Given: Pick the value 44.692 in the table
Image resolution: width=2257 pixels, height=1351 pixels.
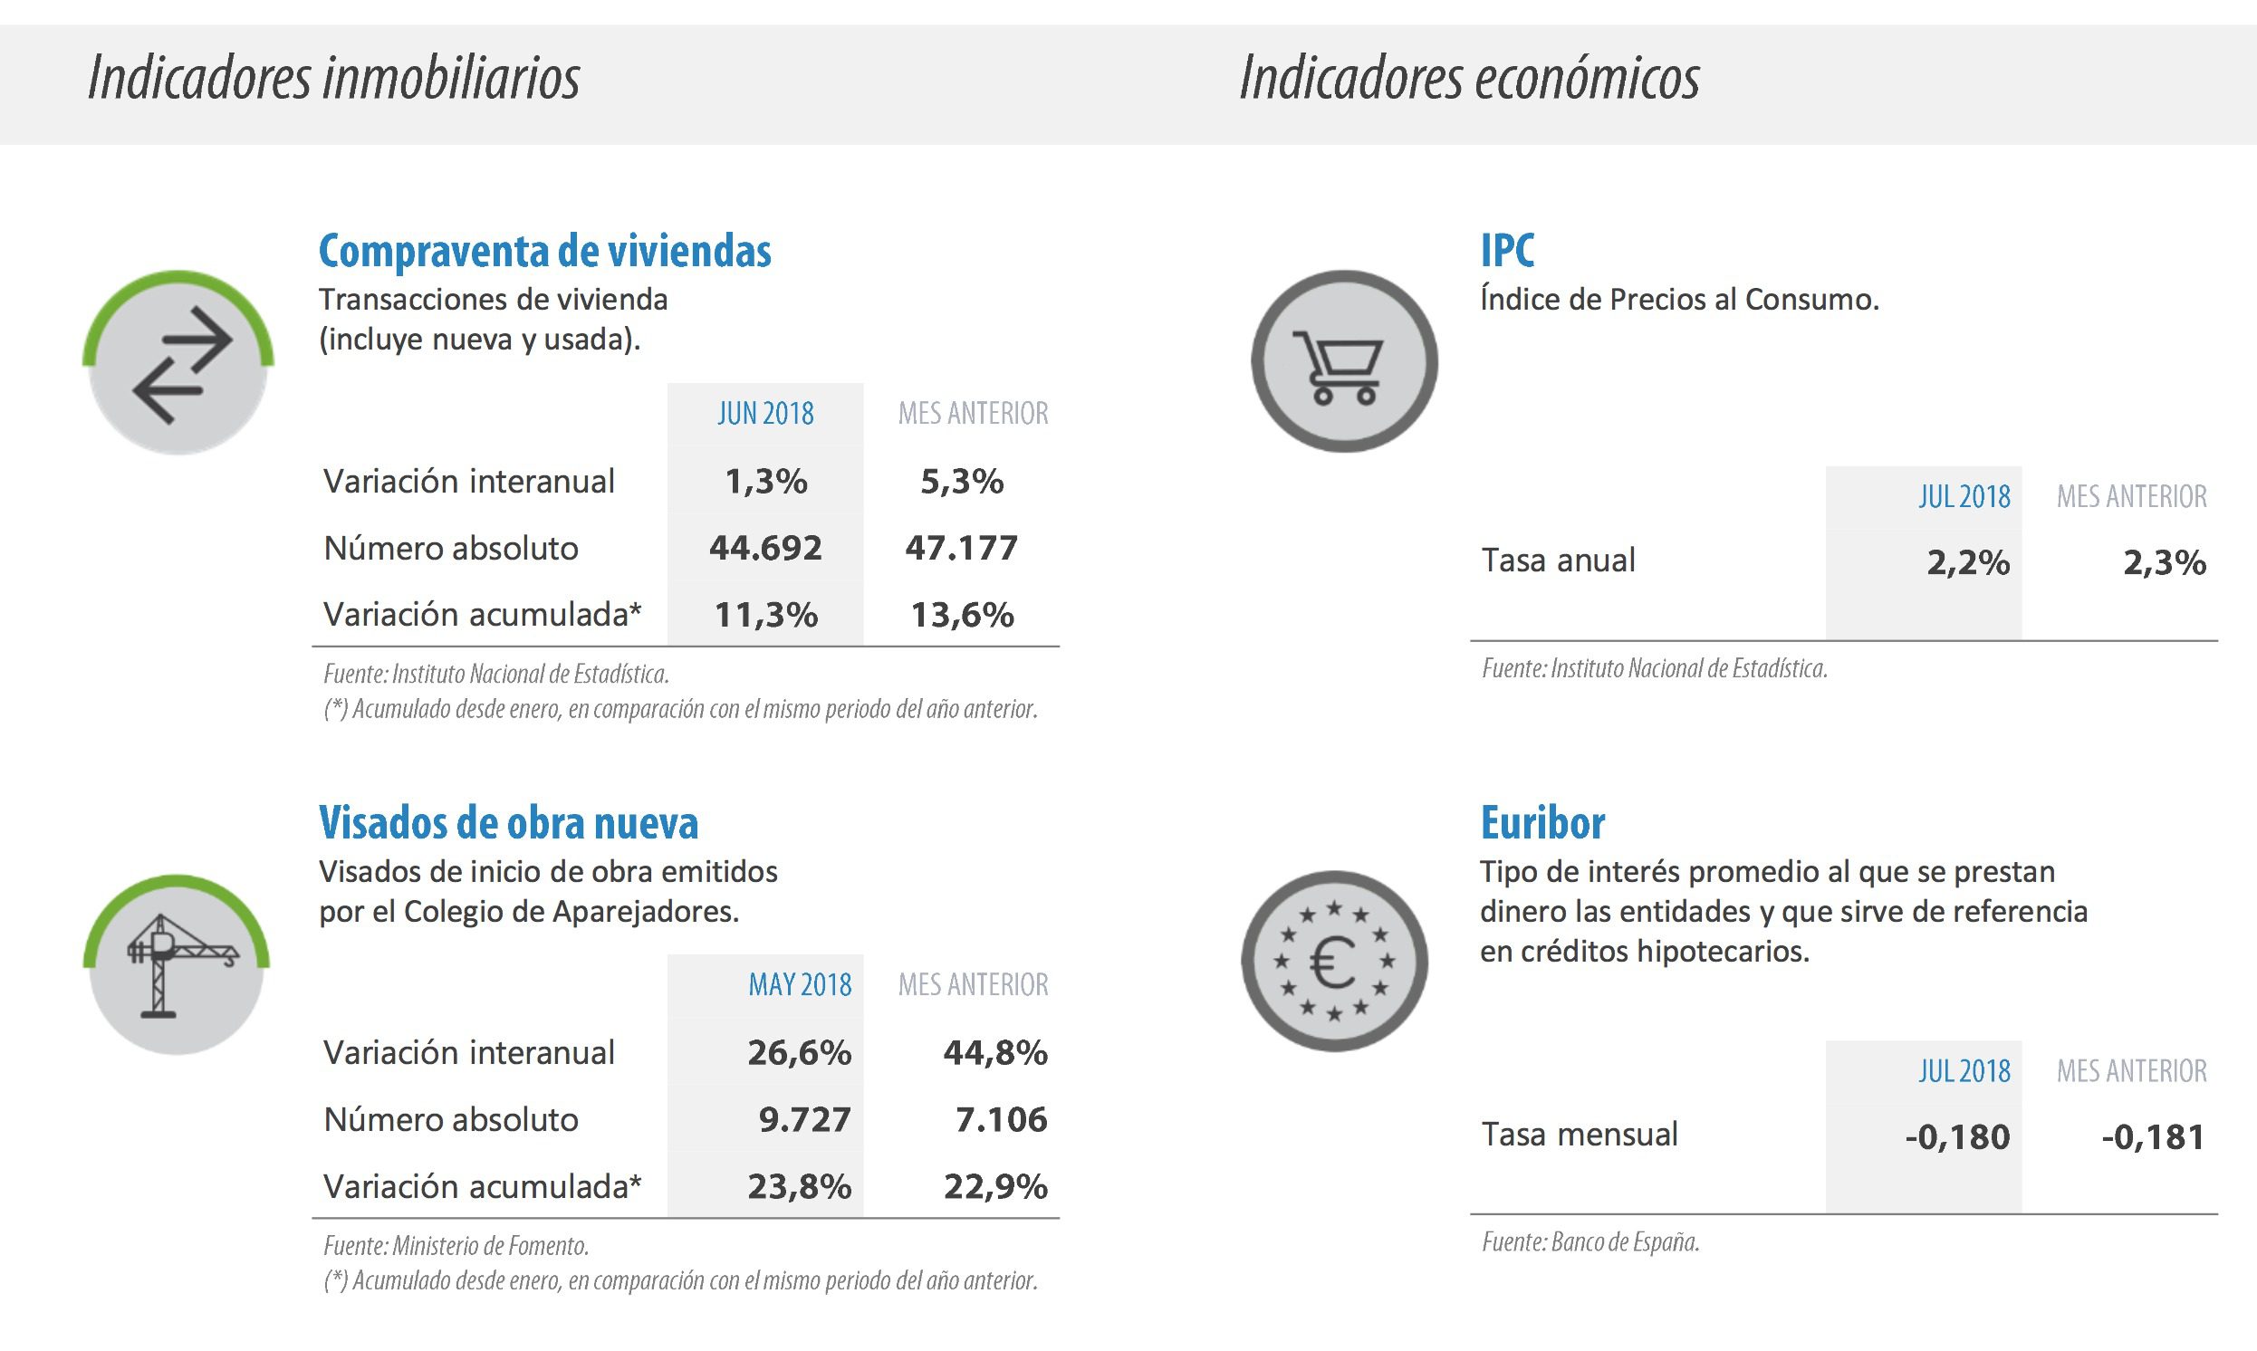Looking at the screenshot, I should (764, 548).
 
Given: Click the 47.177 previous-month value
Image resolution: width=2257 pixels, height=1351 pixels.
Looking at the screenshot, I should (961, 548).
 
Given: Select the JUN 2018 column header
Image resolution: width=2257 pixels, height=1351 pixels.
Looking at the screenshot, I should (764, 414).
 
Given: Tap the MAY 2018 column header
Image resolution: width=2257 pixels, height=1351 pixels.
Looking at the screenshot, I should (800, 985).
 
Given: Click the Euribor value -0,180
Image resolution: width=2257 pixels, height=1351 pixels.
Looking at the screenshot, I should (1956, 1137).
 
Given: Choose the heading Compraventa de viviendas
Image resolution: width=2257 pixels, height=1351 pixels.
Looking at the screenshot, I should (544, 251).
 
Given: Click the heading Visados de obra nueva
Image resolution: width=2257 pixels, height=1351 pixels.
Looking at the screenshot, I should (508, 823).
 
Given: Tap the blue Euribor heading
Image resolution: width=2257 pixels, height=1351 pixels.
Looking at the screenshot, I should (1542, 823).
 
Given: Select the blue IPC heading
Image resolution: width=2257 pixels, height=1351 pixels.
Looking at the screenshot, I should (1507, 251).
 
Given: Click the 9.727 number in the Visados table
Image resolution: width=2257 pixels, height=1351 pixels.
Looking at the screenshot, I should (804, 1120).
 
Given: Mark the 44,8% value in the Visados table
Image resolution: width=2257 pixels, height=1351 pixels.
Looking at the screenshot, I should (995, 1053).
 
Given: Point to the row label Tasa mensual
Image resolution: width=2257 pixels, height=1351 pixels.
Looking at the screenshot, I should (1579, 1135).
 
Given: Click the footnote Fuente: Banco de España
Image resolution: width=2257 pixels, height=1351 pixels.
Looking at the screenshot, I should (1590, 1241).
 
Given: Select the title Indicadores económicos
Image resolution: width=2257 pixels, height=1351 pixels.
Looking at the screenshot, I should (1468, 78).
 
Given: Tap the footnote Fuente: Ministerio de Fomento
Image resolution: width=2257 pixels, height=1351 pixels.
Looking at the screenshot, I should (456, 1245).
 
